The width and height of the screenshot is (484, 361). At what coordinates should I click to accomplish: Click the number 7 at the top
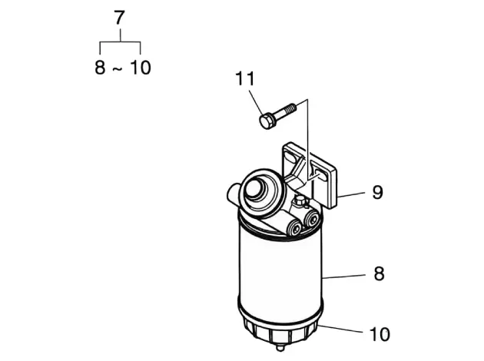click(x=119, y=18)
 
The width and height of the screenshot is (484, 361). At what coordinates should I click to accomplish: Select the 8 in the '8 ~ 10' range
click(x=100, y=68)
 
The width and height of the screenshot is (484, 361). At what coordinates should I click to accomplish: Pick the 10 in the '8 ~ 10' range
click(x=141, y=68)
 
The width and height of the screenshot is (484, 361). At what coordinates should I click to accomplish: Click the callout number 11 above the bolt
click(x=245, y=78)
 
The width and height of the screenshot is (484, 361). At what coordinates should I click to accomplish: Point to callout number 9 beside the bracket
click(x=377, y=192)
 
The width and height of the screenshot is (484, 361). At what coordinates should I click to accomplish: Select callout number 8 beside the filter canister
click(x=379, y=273)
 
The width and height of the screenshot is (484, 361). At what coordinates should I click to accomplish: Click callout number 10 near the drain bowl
click(x=380, y=334)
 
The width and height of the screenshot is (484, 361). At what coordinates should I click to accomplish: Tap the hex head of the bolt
click(x=266, y=121)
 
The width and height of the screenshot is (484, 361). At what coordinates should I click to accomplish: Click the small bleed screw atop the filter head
click(x=301, y=202)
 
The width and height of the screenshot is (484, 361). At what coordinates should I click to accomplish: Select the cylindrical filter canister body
click(x=280, y=272)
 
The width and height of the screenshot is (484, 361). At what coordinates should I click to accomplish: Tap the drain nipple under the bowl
click(x=280, y=347)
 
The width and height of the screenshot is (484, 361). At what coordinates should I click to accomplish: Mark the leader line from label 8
click(x=344, y=277)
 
